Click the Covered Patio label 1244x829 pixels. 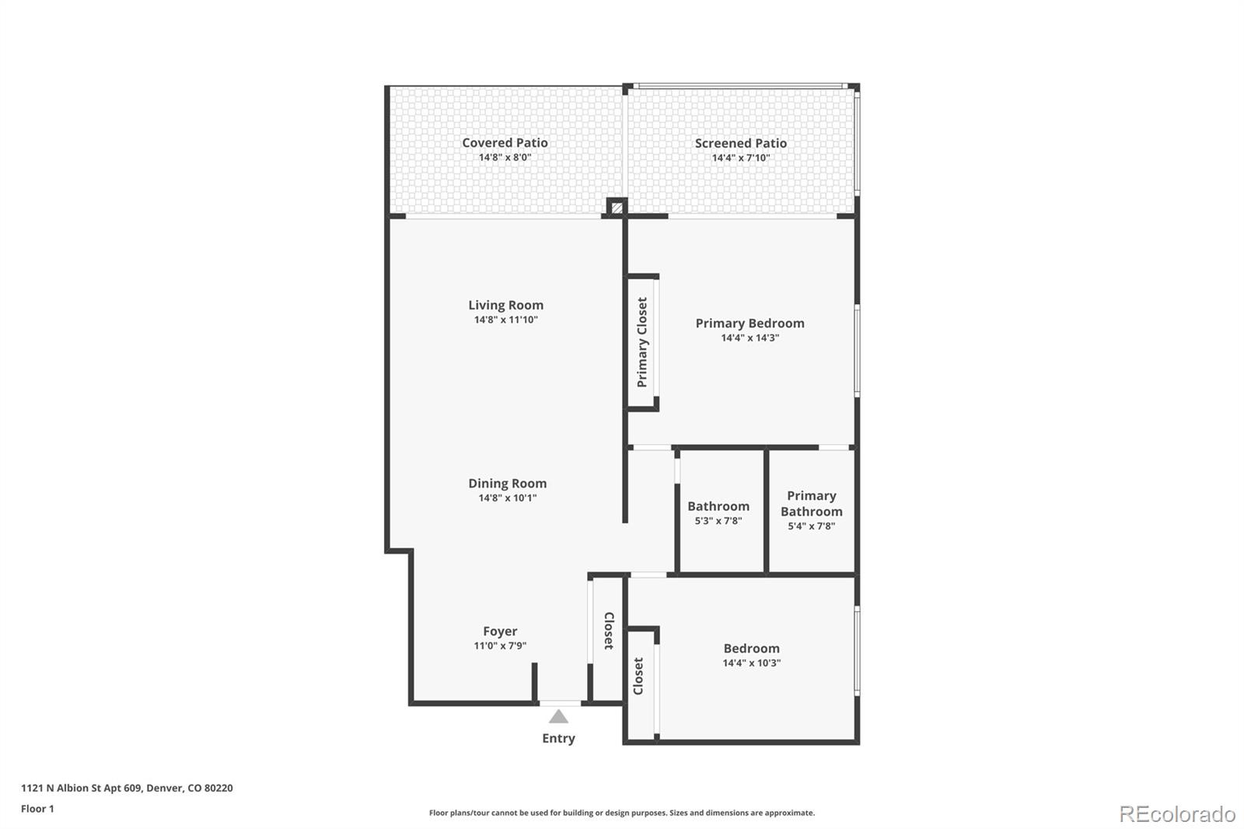click(505, 143)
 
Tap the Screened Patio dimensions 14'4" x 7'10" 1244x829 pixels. click(741, 158)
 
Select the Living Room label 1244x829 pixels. click(505, 305)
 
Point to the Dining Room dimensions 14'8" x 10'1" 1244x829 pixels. click(508, 498)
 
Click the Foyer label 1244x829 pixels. click(500, 631)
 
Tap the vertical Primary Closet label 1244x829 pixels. click(642, 342)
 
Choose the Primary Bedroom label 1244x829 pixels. click(750, 324)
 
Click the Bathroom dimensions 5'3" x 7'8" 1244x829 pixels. click(718, 520)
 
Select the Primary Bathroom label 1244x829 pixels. click(812, 503)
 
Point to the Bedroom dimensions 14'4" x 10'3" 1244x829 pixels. click(751, 663)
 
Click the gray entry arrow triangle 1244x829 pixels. click(559, 717)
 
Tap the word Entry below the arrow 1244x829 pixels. click(559, 739)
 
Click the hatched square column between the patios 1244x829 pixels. click(617, 208)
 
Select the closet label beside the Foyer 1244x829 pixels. click(609, 631)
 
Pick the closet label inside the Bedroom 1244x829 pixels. click(638, 677)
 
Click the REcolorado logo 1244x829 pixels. click(1177, 814)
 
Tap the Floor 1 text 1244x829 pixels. click(37, 809)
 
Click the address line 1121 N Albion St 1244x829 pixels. click(127, 788)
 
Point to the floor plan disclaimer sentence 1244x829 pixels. click(621, 813)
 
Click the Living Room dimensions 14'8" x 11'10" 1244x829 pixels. click(506, 320)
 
